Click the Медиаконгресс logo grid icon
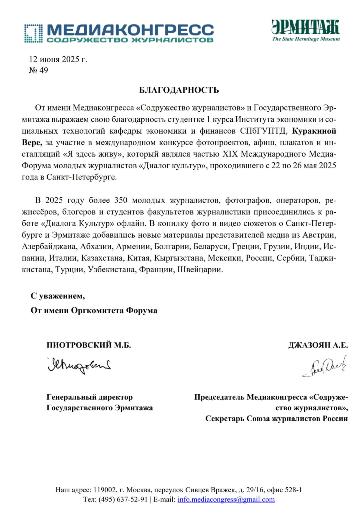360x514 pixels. point(33,33)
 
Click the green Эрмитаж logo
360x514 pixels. point(305,27)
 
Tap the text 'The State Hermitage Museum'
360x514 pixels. point(306,39)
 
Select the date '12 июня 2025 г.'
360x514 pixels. point(58,59)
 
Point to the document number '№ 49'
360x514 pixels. point(38,70)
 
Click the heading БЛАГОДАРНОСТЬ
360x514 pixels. point(179,90)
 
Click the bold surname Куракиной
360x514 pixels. point(314,131)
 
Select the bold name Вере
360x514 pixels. point(32,142)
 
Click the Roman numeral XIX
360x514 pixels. point(230,154)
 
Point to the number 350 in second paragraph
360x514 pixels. point(121,200)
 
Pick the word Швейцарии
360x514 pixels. point(200,269)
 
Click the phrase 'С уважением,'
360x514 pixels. point(58,296)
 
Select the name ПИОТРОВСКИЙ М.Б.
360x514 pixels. point(89,345)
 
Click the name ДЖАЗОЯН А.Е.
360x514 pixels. point(318,345)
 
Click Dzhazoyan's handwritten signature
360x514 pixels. point(324,366)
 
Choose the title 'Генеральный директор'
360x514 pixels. point(89,397)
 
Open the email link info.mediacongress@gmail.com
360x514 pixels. point(226,499)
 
